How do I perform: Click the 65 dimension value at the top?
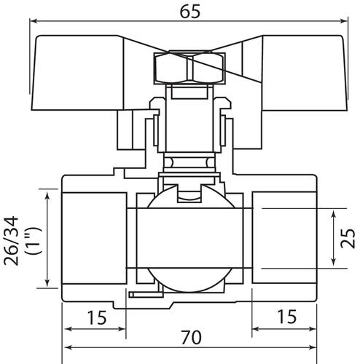[x=190, y=12]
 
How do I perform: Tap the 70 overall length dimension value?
[x=191, y=337]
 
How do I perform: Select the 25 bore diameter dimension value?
[x=348, y=238]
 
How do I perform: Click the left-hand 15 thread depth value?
[x=97, y=317]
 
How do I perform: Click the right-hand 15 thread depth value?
[x=287, y=317]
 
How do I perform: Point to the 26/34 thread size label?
[x=11, y=241]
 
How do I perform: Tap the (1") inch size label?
[x=34, y=241]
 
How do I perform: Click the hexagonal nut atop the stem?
[x=189, y=68]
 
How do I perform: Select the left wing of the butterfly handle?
[x=78, y=73]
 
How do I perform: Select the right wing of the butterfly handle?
[x=305, y=73]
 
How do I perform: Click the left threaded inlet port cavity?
[x=94, y=238]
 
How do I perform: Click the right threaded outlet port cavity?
[x=284, y=238]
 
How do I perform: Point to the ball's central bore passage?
[x=190, y=238]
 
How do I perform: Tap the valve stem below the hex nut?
[x=189, y=119]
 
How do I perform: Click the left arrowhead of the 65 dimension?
[x=34, y=21]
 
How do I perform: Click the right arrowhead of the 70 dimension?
[x=313, y=347]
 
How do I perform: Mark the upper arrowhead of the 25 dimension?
[x=334, y=214]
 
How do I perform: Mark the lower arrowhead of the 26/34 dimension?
[x=47, y=282]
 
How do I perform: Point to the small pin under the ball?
[x=146, y=295]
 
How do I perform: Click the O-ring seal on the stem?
[x=189, y=162]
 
